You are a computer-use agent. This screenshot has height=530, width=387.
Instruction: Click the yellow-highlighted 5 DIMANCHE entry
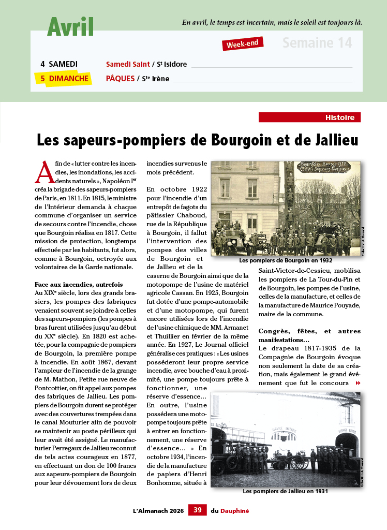coord(62,78)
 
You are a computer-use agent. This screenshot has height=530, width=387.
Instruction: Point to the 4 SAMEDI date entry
coord(59,64)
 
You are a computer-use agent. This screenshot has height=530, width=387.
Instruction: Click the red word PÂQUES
coord(120,79)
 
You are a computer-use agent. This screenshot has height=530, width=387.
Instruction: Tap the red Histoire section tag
coord(309,117)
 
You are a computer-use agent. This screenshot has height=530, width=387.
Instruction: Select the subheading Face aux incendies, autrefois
coord(79,285)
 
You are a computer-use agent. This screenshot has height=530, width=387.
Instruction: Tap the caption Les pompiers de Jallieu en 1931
coord(285,491)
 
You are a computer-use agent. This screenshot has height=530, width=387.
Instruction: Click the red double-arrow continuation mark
coord(358,383)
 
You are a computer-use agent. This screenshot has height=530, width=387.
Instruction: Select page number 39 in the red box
coord(197,510)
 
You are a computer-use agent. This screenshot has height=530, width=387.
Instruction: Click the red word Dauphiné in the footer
coord(235,510)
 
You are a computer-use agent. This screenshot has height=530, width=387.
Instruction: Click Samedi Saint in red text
coord(128,64)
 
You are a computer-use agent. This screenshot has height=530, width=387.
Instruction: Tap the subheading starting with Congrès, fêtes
coord(309,335)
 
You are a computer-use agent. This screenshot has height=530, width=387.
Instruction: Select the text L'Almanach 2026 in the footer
coord(158,510)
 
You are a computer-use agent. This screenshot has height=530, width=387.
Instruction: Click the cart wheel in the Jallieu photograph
coord(299,462)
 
